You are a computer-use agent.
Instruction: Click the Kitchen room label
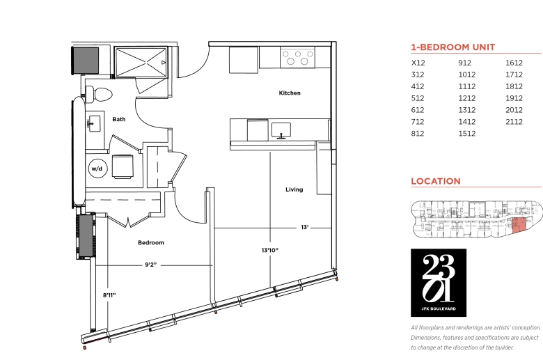coord(290,93)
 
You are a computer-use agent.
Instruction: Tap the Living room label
coord(294,189)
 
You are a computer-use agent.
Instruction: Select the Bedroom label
coord(151,242)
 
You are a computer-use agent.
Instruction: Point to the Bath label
coord(119,119)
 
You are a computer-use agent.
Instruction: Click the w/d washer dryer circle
coord(97,169)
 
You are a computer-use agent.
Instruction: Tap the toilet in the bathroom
coord(99,94)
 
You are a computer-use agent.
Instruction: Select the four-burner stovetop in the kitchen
coord(297,58)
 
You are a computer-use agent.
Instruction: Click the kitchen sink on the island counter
coord(281,131)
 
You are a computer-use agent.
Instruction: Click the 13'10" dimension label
coord(270,250)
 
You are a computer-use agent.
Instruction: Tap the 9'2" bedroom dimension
coord(150,265)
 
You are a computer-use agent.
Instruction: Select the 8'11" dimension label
coord(109,295)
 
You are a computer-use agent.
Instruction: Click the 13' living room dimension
coord(305,228)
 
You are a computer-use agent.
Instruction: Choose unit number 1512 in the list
coord(467,134)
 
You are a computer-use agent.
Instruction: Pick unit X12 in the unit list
coord(418,63)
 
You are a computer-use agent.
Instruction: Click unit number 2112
coord(514,122)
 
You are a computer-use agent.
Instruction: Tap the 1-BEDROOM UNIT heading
coord(453,47)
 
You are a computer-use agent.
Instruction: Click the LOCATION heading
coord(436,181)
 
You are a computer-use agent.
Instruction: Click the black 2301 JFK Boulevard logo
coord(439,283)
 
